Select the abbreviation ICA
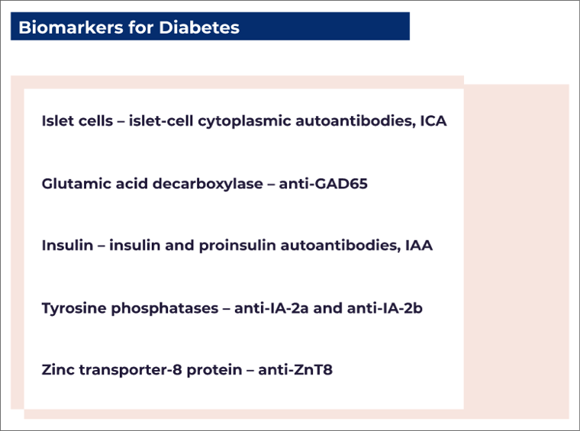coord(433,121)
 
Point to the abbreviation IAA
coord(419,246)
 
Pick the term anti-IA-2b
coord(385,308)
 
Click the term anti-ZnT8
coord(295,370)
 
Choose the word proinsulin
coord(253,246)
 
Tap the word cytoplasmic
coord(230,121)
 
